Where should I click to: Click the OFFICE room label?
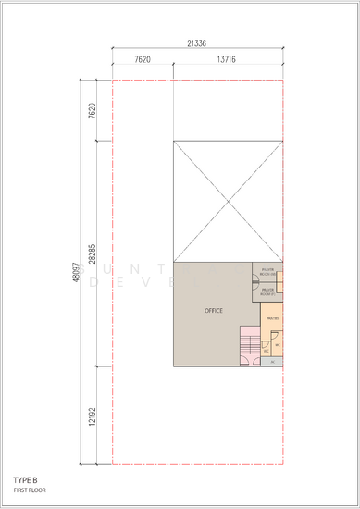click(x=214, y=310)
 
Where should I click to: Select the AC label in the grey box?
click(x=273, y=361)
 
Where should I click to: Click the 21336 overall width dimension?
click(x=196, y=42)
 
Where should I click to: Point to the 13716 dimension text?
click(x=225, y=58)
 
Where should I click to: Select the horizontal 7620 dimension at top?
click(x=143, y=58)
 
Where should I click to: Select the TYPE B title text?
click(x=25, y=479)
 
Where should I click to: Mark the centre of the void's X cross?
click(x=228, y=202)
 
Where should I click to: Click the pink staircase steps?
click(x=250, y=343)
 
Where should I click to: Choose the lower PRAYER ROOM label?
click(x=269, y=292)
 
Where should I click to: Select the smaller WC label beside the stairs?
click(x=267, y=351)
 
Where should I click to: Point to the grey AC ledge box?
click(x=273, y=361)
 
